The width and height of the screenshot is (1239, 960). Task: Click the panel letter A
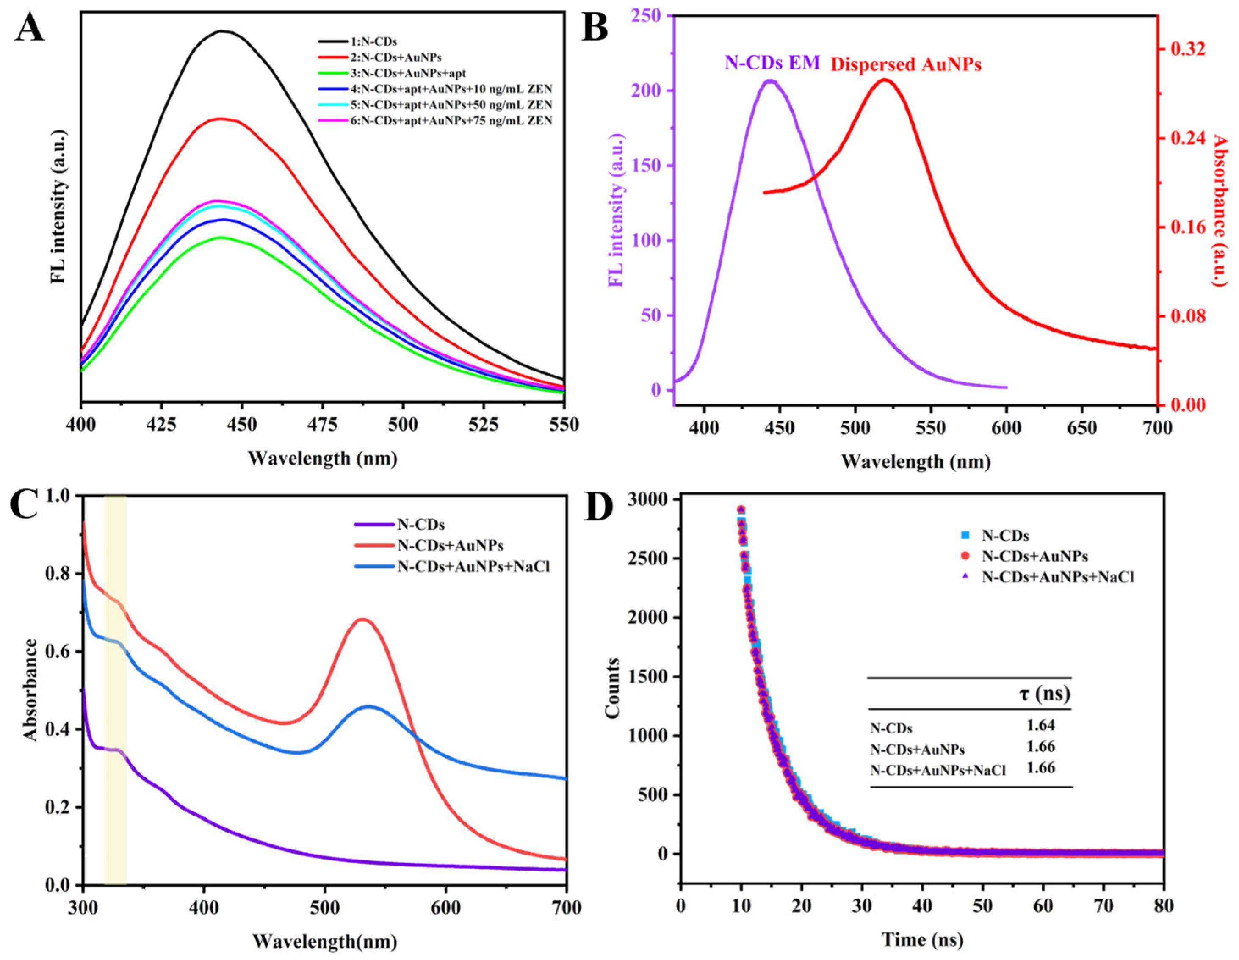[x=30, y=27]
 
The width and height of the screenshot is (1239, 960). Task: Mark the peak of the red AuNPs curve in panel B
[x=884, y=80]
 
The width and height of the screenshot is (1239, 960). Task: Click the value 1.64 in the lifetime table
[x=1040, y=725]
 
